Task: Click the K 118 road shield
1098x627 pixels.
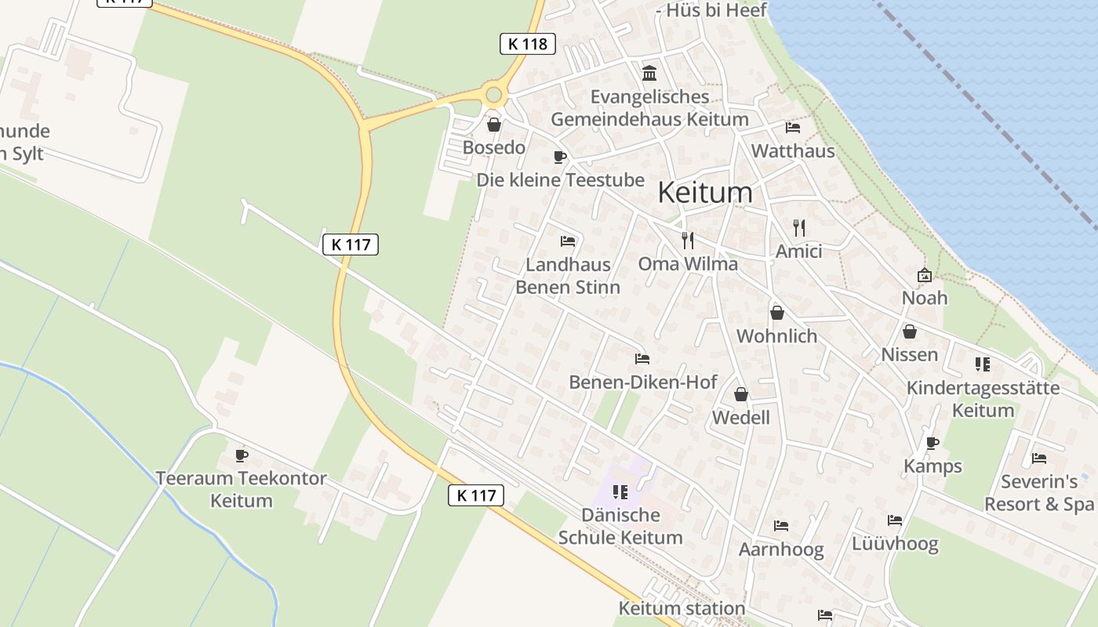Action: (527, 44)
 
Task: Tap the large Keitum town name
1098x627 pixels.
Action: (704, 192)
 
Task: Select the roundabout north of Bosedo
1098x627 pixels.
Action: (493, 96)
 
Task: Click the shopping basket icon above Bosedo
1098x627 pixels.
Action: (494, 125)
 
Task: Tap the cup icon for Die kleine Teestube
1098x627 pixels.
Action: (560, 158)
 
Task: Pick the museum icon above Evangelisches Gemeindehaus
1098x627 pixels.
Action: (649, 74)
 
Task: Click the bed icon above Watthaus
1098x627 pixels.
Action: (793, 128)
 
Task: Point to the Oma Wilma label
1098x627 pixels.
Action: (688, 263)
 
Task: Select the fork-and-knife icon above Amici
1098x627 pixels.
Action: (799, 228)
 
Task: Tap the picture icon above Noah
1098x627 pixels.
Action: (925, 275)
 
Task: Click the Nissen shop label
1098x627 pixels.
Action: (909, 354)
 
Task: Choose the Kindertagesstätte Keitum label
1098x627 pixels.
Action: (983, 399)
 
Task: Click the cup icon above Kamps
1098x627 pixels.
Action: (933, 443)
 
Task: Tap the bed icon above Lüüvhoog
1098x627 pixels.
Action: (895, 520)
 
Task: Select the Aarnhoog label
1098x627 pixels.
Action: (781, 549)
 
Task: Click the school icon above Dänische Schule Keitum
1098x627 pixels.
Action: (620, 492)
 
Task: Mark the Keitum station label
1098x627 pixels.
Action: (682, 608)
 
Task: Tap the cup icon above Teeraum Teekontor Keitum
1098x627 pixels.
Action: (242, 455)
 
